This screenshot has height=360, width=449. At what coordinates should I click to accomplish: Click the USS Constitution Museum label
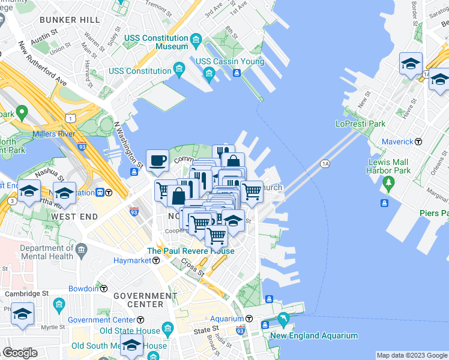(156, 42)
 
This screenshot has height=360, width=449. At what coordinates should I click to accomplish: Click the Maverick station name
(399, 142)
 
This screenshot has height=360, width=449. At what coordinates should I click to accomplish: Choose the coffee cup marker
(157, 160)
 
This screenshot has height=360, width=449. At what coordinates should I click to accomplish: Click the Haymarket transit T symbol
(155, 260)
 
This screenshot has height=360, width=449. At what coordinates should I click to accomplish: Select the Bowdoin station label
(83, 289)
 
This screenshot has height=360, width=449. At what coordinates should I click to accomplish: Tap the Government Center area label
(145, 300)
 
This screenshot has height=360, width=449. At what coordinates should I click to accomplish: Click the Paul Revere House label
(191, 251)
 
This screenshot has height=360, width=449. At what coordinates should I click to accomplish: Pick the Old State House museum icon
(167, 329)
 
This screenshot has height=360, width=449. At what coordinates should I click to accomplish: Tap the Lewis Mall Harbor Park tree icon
(389, 181)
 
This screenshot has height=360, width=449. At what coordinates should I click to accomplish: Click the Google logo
(20, 353)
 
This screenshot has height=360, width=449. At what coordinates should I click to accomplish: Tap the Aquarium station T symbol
(249, 319)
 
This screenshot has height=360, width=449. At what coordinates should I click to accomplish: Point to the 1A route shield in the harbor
(325, 163)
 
